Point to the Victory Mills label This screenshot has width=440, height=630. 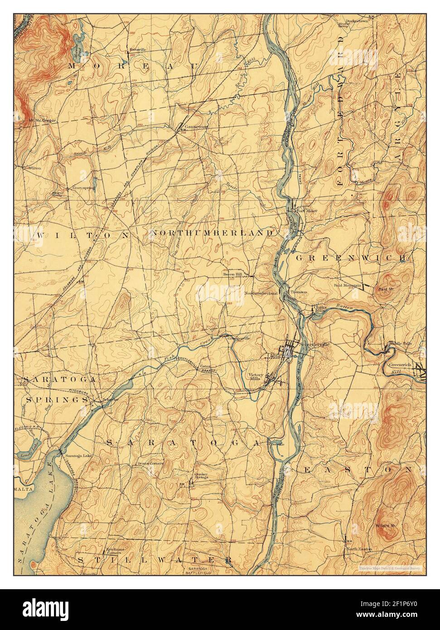click(256, 377)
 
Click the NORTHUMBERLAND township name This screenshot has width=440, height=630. click(213, 233)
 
